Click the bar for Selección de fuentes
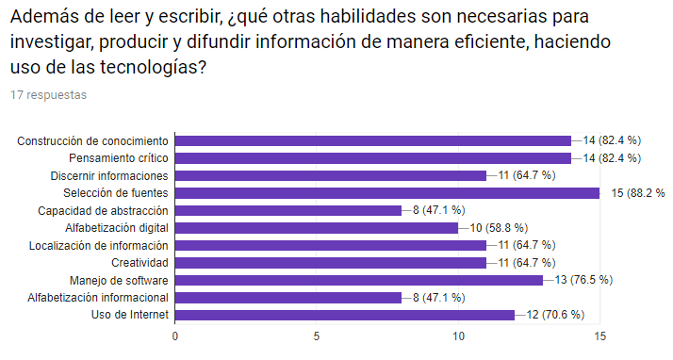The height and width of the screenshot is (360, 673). (386, 193)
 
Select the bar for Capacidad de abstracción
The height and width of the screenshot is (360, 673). (288, 210)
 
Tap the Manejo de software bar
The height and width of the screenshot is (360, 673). (358, 280)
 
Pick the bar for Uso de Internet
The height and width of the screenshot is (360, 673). (344, 315)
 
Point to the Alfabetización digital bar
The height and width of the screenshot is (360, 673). (316, 228)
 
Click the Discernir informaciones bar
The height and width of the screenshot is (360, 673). (330, 175)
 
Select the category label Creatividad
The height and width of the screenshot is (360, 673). (140, 262)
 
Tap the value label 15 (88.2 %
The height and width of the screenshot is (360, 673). (637, 193)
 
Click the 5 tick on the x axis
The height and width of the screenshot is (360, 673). (317, 335)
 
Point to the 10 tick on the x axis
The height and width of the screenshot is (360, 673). (458, 335)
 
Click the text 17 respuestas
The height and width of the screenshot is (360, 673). (49, 95)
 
